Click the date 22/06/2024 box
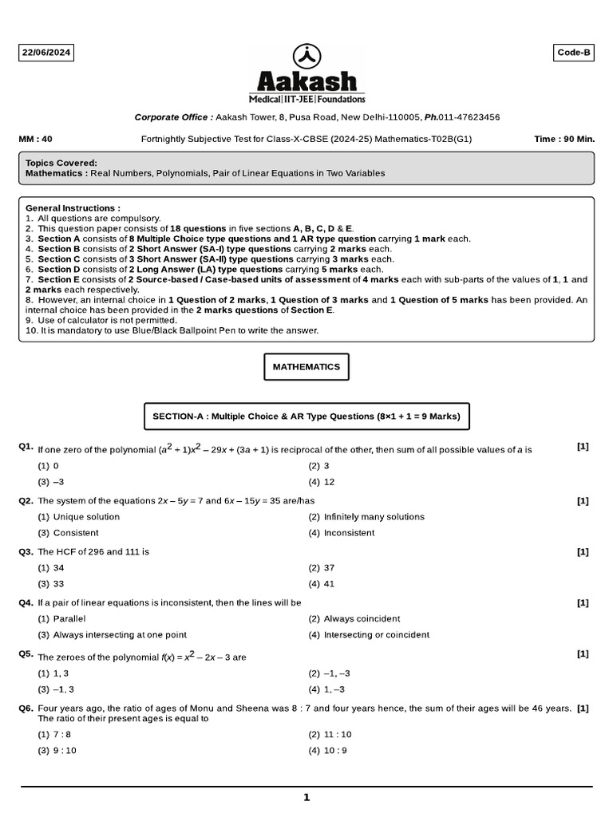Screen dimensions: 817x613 [47, 53]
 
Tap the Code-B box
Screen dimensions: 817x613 [574, 53]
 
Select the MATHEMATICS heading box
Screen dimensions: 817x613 [306, 367]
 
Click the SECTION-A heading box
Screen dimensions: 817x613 [306, 416]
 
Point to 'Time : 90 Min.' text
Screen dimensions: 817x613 [564, 139]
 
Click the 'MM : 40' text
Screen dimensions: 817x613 [35, 139]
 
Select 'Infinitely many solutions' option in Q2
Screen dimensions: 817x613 [374, 517]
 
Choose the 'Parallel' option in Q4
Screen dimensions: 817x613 [69, 619]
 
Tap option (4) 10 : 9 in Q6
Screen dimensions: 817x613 [328, 751]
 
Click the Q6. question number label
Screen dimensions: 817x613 [26, 708]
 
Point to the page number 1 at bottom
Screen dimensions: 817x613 [306, 797]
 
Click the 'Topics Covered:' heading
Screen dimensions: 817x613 [61, 163]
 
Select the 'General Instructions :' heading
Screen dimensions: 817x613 [73, 207]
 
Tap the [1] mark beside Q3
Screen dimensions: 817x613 [583, 551]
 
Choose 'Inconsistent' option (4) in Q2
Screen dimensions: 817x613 [349, 533]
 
